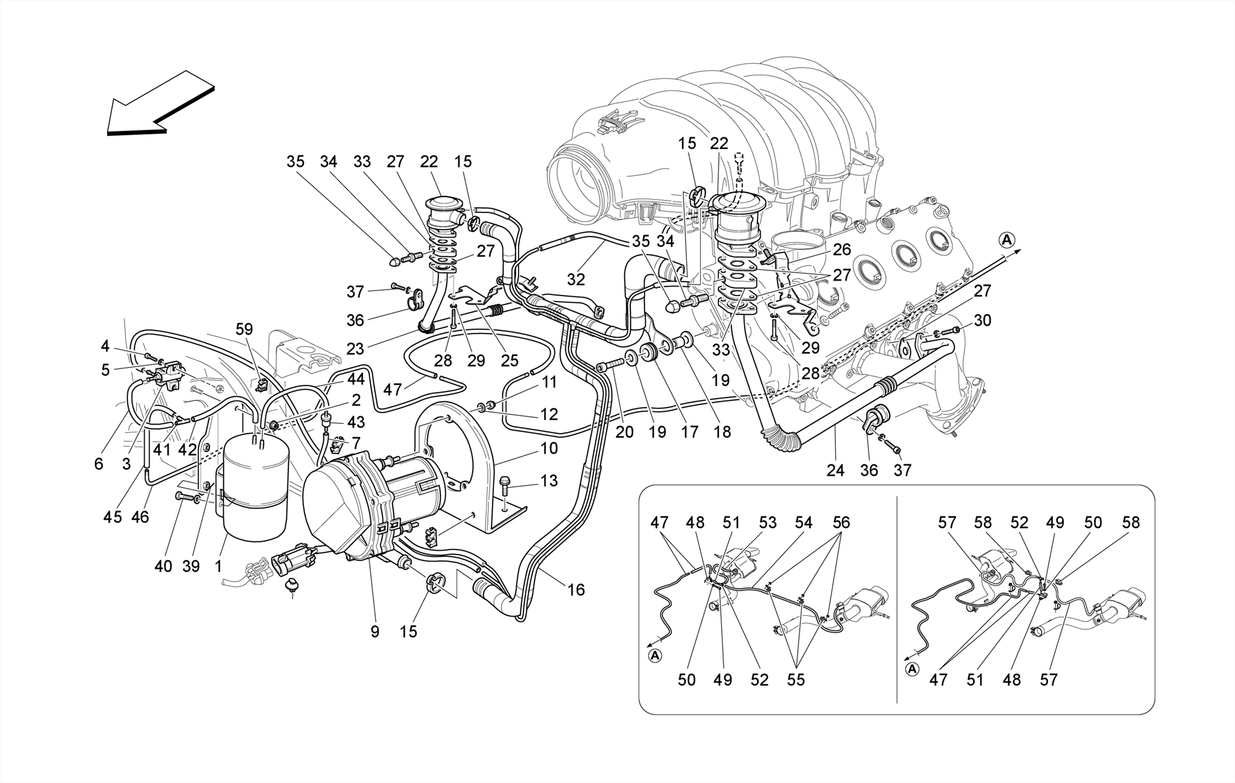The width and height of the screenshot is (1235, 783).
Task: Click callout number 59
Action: tap(244, 329)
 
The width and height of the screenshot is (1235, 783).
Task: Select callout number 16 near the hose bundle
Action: tap(576, 589)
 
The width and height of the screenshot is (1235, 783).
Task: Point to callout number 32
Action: tap(576, 279)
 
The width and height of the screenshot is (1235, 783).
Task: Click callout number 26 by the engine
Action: tap(841, 249)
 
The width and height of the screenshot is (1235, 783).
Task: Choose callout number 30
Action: tap(982, 320)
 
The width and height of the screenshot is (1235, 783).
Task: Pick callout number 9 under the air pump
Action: tap(374, 632)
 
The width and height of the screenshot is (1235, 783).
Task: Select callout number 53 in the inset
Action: tap(768, 522)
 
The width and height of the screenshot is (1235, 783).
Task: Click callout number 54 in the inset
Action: tap(804, 522)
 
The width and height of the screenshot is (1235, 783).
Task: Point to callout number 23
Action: tap(356, 349)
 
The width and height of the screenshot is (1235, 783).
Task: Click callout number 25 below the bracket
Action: tap(510, 361)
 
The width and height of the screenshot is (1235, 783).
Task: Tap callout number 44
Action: tap(356, 379)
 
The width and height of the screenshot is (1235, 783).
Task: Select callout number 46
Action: tap(140, 516)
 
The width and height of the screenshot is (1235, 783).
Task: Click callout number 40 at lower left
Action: tap(163, 566)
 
